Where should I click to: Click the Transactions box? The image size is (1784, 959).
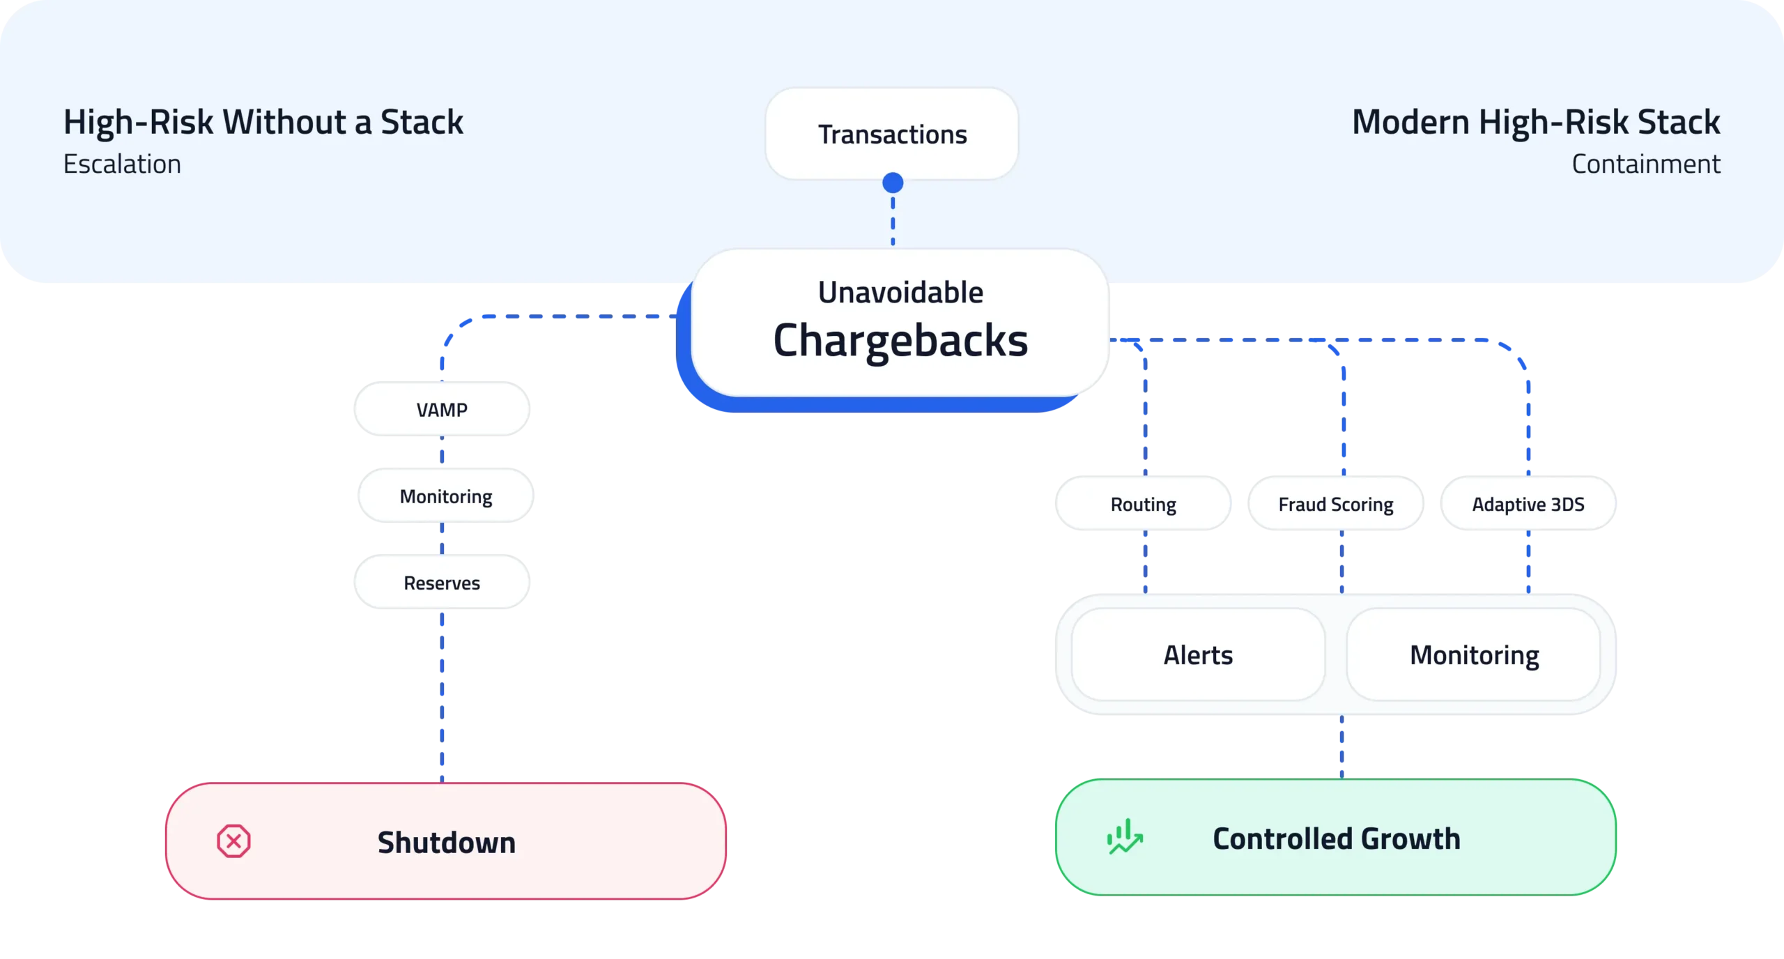[892, 134]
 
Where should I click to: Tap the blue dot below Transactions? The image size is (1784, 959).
[893, 183]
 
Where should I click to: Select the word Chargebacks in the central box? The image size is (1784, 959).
[900, 341]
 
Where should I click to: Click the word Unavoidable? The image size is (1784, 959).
[900, 293]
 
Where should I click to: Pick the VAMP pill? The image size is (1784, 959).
[443, 410]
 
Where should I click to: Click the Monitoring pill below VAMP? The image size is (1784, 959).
[446, 496]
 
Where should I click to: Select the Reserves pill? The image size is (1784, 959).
[443, 583]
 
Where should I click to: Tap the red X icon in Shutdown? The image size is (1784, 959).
[233, 841]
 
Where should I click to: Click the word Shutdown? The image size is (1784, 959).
[446, 843]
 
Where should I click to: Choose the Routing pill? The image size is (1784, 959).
[1143, 505]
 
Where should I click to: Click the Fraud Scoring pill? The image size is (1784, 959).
[1335, 505]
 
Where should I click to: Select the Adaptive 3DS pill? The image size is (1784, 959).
[1528, 505]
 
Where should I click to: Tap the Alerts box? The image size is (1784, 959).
[1198, 655]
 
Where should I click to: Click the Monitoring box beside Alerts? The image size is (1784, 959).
[1474, 655]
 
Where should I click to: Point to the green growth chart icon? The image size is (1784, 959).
[1125, 837]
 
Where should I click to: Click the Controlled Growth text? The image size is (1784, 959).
[1336, 838]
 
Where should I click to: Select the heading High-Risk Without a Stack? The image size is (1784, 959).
[263, 123]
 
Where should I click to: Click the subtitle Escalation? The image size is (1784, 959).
[122, 164]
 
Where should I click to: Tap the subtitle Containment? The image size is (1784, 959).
[1645, 164]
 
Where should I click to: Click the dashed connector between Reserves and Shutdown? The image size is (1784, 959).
[441, 697]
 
